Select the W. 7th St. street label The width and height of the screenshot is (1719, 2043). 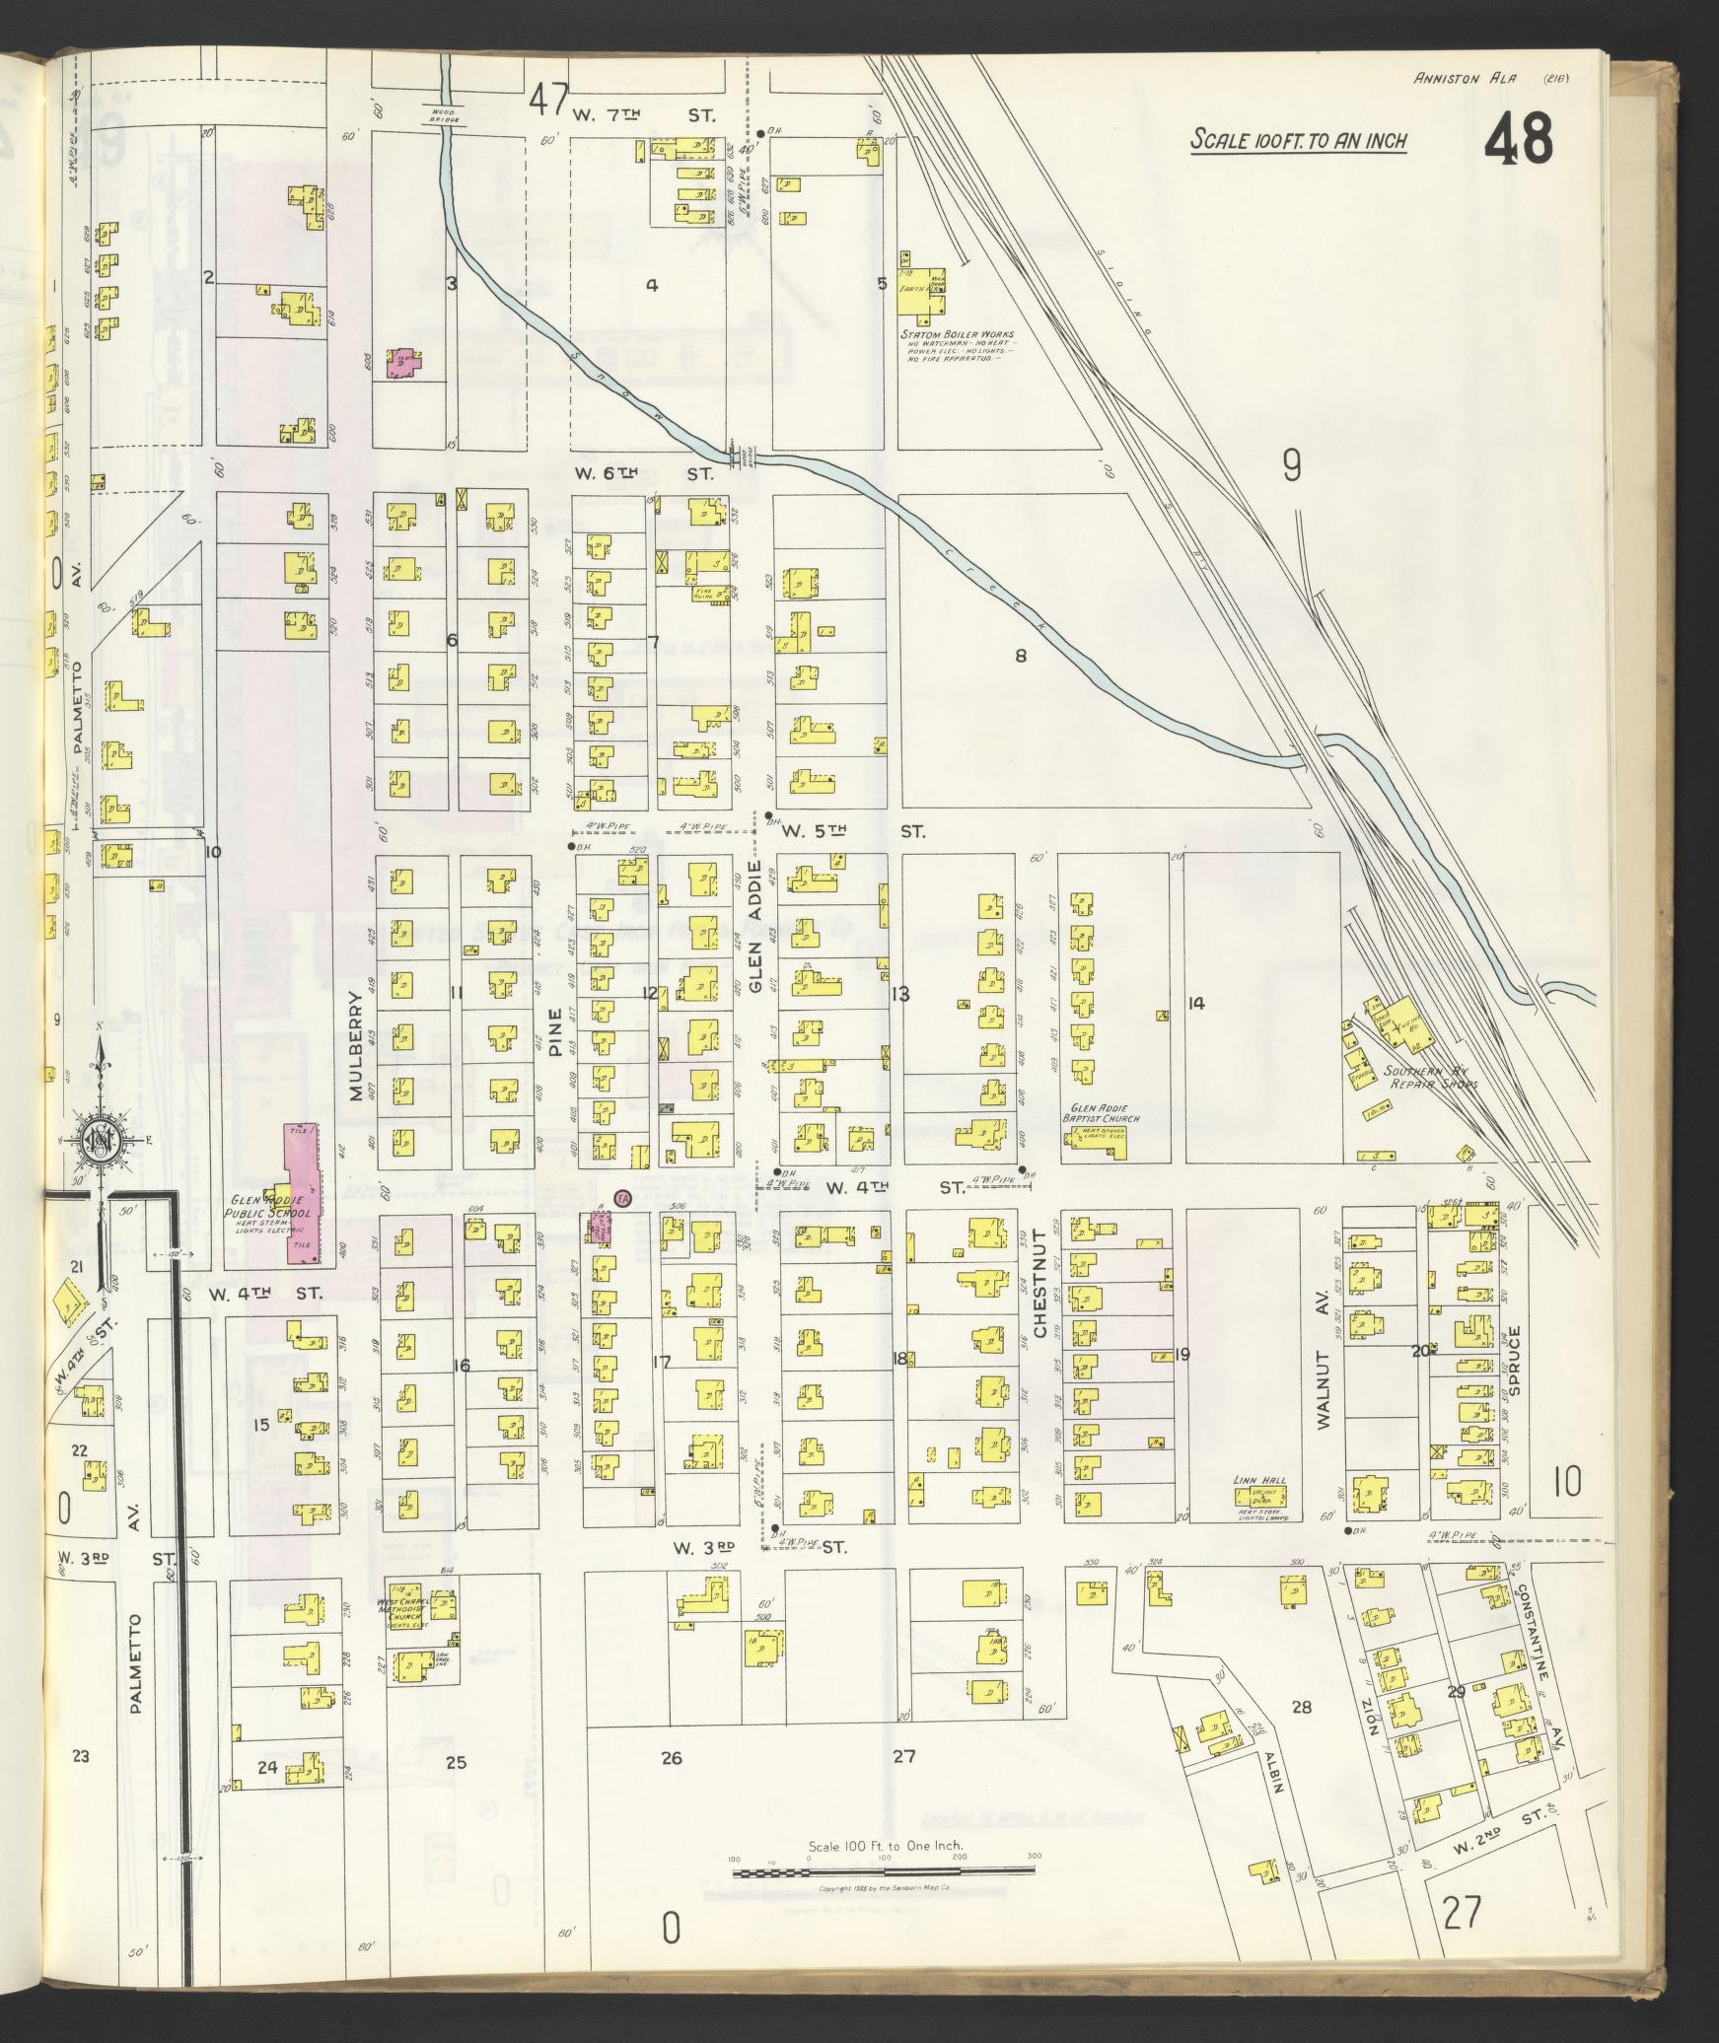[x=643, y=116]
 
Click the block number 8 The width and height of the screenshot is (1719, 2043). [x=1022, y=655]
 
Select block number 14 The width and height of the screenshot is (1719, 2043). [x=1195, y=1004]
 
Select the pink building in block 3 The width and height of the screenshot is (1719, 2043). [x=403, y=363]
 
